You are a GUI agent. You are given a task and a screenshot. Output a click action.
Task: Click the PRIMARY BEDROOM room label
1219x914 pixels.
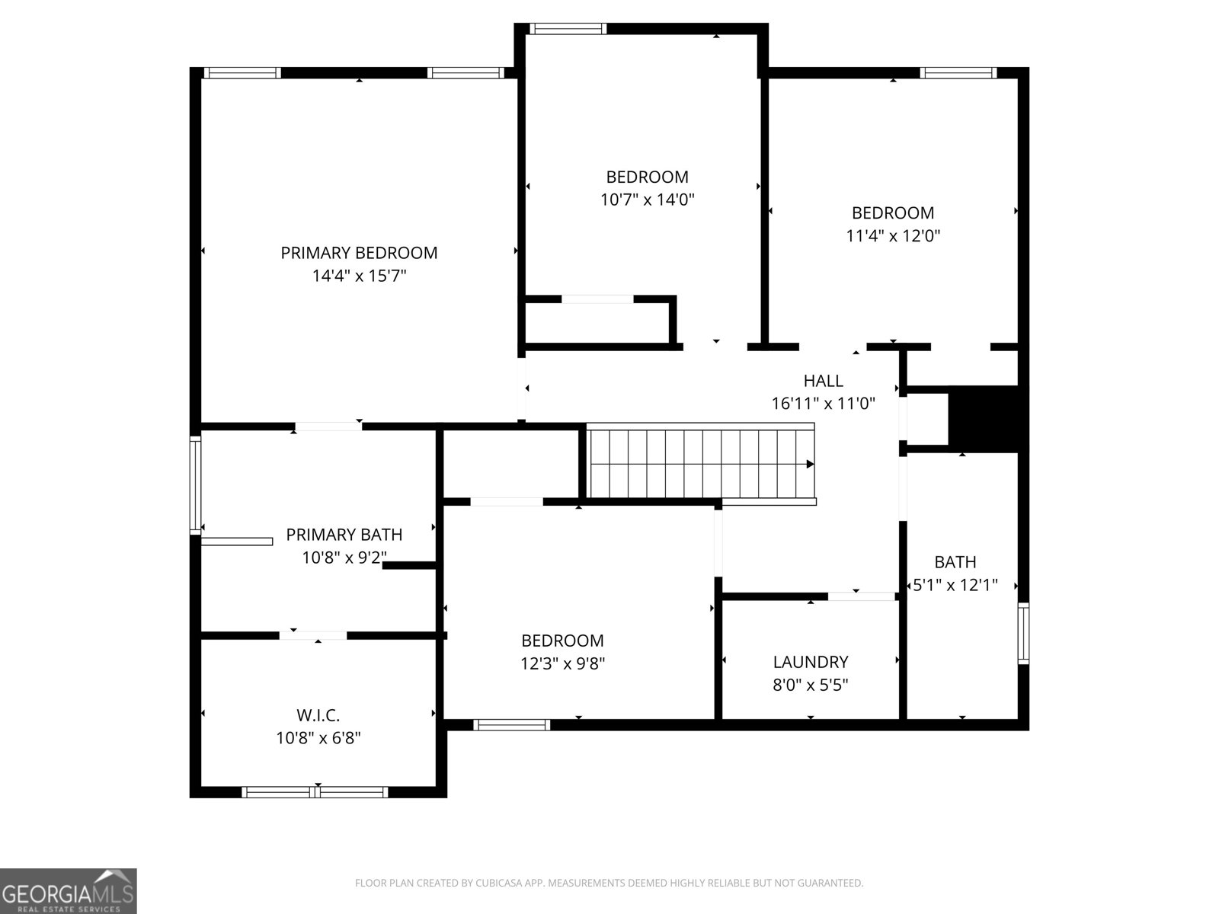point(359,253)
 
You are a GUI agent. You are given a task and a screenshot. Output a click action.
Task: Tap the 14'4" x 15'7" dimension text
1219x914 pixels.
point(359,276)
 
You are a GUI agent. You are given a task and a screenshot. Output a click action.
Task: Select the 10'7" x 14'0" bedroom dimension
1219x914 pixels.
point(647,200)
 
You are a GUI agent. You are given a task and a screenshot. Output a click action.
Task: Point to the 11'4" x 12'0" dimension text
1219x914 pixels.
point(892,236)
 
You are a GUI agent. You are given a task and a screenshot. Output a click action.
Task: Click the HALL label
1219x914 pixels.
point(823,381)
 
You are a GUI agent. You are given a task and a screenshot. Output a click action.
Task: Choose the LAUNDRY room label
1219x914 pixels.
point(811,662)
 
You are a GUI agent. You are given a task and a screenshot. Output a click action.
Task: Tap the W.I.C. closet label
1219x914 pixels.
point(318,715)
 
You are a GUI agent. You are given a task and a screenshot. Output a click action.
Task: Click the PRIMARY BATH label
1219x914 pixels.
point(344,535)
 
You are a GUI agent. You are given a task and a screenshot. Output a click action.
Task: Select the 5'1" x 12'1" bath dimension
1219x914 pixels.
point(955,585)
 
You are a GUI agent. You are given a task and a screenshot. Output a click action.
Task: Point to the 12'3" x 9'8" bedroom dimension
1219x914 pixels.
point(562,663)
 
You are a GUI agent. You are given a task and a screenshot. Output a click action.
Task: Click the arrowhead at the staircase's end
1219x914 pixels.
point(811,464)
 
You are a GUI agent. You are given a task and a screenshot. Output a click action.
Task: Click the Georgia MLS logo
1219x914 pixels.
point(69,890)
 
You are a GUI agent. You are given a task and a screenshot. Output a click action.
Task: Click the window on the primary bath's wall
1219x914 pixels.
point(196,485)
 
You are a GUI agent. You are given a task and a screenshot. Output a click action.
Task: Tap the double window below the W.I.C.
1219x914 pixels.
point(315,792)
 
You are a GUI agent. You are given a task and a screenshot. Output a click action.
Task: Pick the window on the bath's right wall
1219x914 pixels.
point(1023,633)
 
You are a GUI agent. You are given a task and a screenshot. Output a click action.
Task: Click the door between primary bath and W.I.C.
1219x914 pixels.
point(313,635)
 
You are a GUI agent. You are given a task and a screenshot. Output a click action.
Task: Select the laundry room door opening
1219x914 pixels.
point(862,596)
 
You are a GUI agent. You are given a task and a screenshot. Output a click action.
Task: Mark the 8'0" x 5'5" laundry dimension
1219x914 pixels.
point(811,685)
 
